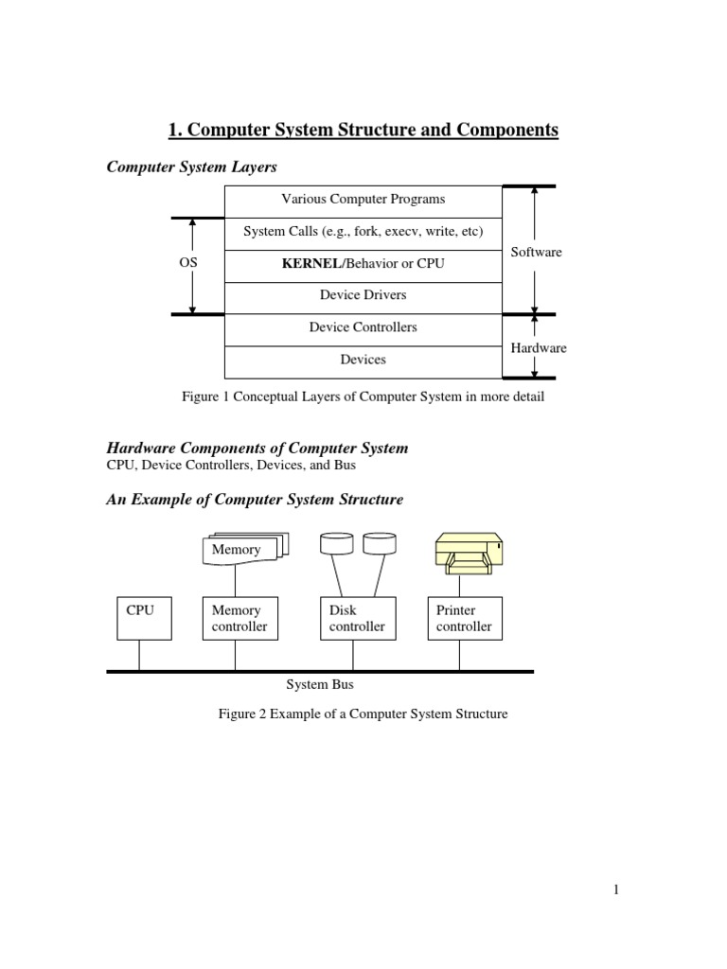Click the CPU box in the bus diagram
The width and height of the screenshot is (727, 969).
pyautogui.click(x=140, y=618)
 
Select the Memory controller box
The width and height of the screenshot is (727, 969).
pyautogui.click(x=239, y=618)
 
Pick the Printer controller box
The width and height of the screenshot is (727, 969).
pyautogui.click(x=464, y=618)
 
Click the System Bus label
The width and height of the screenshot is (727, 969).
pyautogui.click(x=320, y=684)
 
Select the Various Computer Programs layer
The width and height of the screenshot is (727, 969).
pyautogui.click(x=363, y=200)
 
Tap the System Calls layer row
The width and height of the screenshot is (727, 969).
pyautogui.click(x=363, y=232)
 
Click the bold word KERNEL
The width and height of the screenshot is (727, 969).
pyautogui.click(x=310, y=264)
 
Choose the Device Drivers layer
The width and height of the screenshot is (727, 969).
pyautogui.click(x=363, y=295)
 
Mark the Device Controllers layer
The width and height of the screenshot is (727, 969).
pyautogui.click(x=363, y=327)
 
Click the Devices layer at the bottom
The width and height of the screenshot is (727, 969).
pyautogui.click(x=363, y=360)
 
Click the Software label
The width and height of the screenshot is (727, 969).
pyautogui.click(x=536, y=252)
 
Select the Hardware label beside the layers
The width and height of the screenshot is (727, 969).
pyautogui.click(x=539, y=348)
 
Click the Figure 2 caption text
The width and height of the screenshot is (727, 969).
pyautogui.click(x=363, y=714)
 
